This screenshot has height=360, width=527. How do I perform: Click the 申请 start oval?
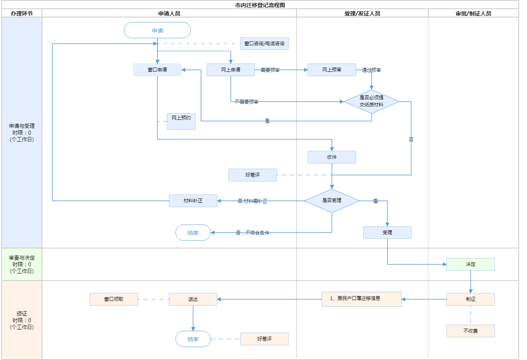pos(157,31)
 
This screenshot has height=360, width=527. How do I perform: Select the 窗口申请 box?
pos(157,70)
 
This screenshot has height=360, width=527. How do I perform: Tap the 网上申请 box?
pos(231,70)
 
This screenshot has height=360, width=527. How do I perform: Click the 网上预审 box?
pos(332,70)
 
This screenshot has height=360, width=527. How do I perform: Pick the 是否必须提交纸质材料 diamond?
pos(372,102)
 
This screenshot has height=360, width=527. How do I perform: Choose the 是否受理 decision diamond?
pos(332,201)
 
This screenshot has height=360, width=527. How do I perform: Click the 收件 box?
pos(332,157)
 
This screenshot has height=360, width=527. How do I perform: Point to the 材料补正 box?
pos(193,201)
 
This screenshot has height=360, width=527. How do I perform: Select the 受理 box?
pos(387,233)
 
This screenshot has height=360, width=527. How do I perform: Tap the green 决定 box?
pos(471,264)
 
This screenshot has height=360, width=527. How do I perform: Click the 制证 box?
pos(471,299)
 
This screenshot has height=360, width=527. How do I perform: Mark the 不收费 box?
pos(471,331)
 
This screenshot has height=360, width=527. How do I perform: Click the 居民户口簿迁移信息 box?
pos(362,299)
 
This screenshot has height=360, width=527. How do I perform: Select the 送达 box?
pos(193,299)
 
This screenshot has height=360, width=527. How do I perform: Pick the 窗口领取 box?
pos(114,299)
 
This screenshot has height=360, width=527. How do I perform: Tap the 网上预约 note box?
pos(181,121)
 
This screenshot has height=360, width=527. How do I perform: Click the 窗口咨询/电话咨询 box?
pos(264,44)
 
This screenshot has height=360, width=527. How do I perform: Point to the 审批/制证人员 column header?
pos(473,13)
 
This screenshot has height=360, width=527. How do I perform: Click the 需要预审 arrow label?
pos(270,70)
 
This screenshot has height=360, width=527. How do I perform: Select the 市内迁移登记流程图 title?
pos(260,5)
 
